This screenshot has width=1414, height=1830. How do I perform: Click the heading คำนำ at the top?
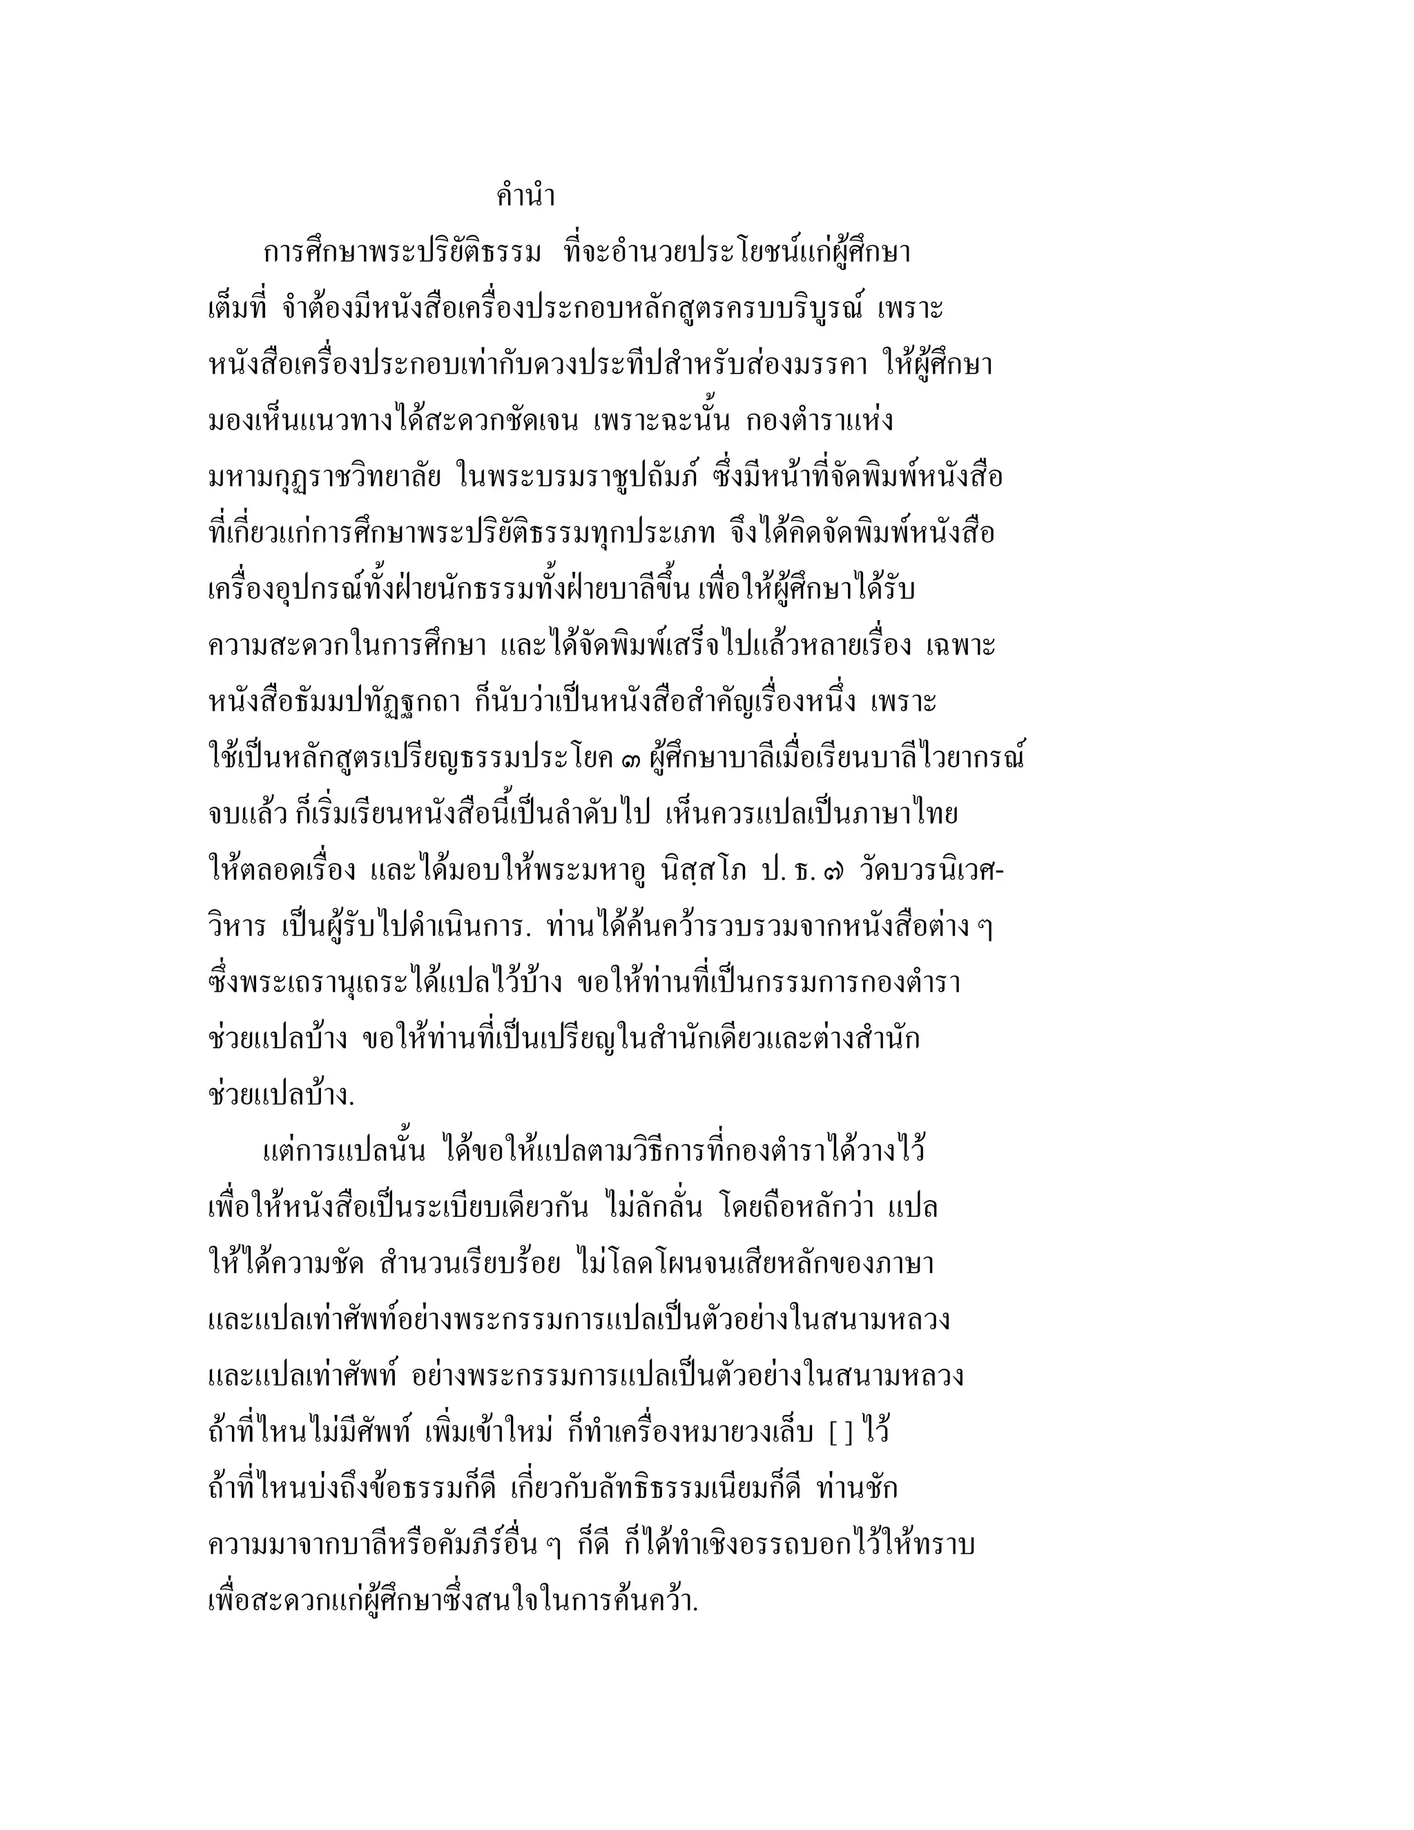(525, 197)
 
